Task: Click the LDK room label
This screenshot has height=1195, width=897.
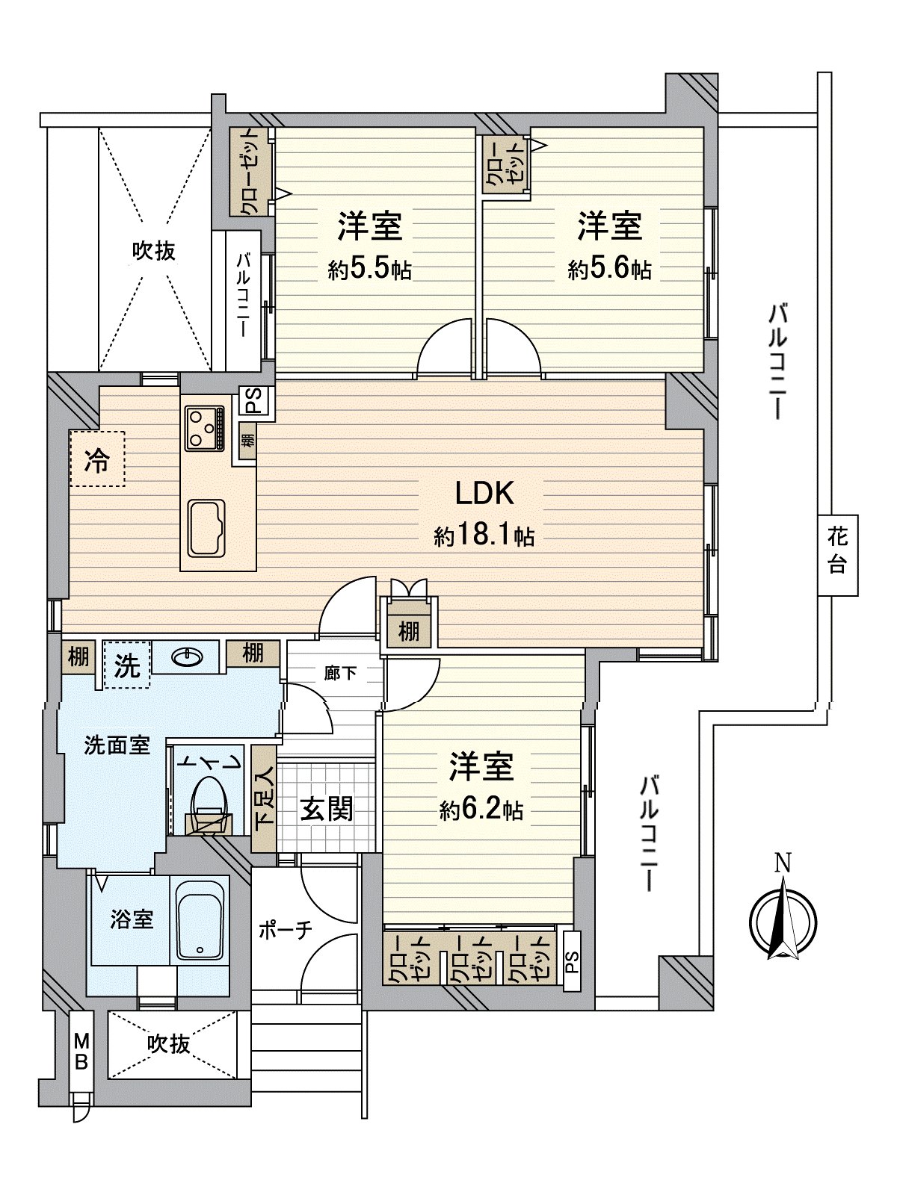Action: (x=484, y=494)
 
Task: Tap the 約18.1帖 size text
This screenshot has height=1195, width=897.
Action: (x=484, y=536)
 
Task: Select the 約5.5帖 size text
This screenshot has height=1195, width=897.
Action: (x=370, y=270)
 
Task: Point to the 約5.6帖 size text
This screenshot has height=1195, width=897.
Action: (x=609, y=270)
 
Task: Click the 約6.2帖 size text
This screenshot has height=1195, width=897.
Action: (x=481, y=810)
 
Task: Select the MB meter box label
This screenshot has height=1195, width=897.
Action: (x=81, y=1052)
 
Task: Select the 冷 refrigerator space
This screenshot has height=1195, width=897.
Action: (x=97, y=459)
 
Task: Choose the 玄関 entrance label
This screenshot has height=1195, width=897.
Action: (x=327, y=808)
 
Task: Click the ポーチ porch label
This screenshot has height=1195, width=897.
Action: (x=285, y=931)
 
